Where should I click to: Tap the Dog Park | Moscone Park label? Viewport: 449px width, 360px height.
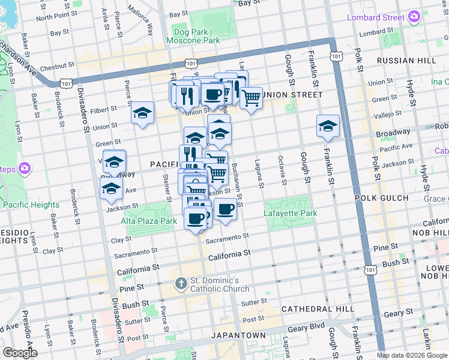196,36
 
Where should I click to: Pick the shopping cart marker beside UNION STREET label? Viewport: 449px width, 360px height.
251,97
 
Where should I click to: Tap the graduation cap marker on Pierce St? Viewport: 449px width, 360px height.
142,113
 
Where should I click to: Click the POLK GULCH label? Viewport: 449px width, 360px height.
381,197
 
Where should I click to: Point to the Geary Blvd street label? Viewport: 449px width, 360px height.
310,328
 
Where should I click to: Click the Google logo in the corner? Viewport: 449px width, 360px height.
19,353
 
